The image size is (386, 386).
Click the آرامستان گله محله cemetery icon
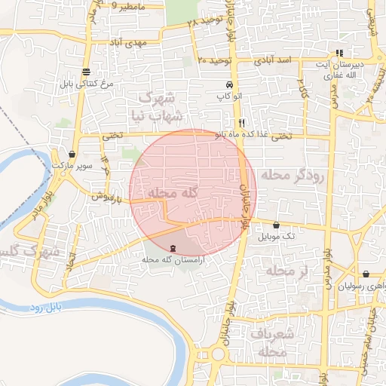click(x=174, y=247)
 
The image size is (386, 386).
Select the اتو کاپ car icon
click(x=228, y=85)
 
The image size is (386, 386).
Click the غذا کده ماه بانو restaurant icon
click(x=241, y=123)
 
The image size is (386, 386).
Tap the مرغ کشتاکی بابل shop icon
click(x=87, y=72)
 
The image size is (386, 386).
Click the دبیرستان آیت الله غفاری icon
click(x=340, y=54)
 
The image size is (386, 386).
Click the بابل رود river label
click(x=48, y=308)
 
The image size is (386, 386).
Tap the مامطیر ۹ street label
click(x=126, y=6)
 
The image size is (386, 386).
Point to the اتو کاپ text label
click(x=228, y=96)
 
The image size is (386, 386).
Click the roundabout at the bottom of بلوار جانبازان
click(x=219, y=353)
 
